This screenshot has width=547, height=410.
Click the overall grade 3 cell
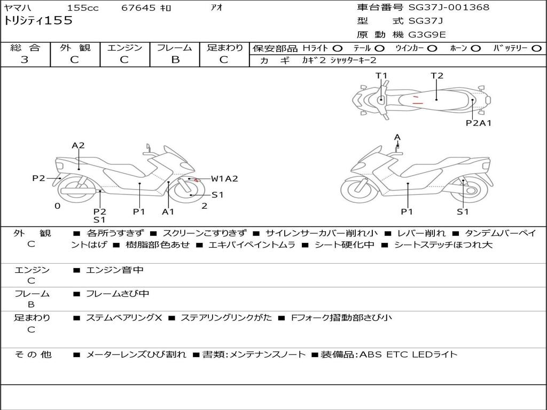point(25,60)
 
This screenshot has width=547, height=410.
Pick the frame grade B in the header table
point(175,60)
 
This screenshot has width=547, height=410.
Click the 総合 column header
point(25,48)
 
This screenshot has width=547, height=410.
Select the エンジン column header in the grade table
point(124,48)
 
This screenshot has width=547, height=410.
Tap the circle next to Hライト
point(337,49)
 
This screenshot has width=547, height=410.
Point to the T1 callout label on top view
point(381,76)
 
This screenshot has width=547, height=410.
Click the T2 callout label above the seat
point(437,76)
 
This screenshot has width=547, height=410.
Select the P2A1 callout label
point(479,123)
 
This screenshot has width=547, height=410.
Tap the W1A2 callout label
point(224,179)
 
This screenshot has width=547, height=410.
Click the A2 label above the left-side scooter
point(79,145)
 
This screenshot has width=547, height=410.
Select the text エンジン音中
point(115,271)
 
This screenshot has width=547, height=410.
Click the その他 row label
point(33,354)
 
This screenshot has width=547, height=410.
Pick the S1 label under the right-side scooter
point(463,212)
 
